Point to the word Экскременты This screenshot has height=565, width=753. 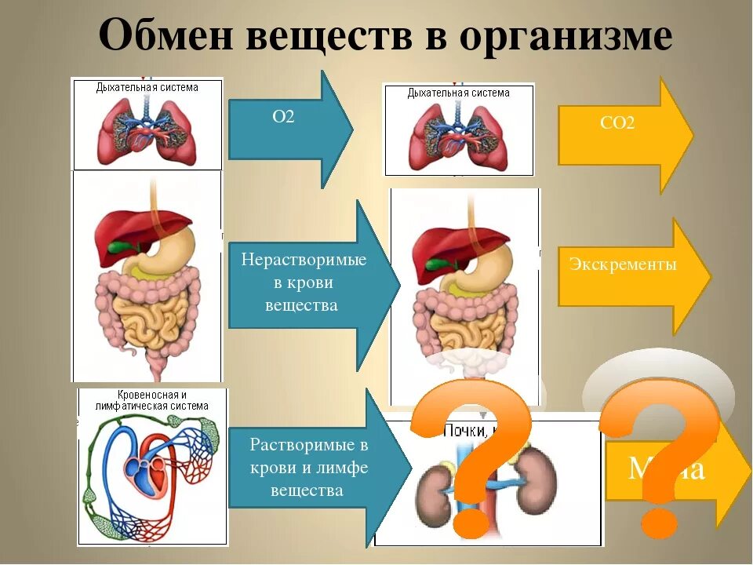624,264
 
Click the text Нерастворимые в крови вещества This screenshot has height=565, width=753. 304,282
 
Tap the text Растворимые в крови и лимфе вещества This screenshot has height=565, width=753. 308,468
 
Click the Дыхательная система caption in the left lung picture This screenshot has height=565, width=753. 147,87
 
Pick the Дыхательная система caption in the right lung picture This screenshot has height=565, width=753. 458,93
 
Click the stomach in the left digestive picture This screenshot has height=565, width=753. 173,251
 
